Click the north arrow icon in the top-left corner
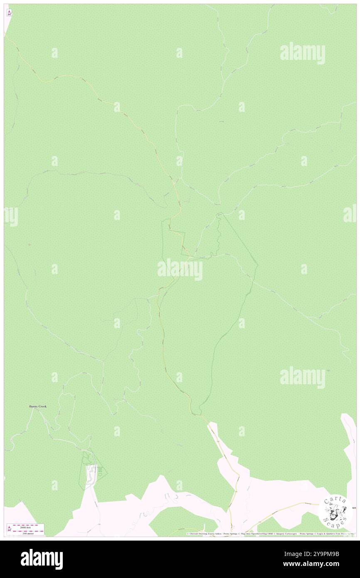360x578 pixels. pyautogui.click(x=9, y=13)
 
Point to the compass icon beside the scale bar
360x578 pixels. pyautogui.click(x=9, y=529)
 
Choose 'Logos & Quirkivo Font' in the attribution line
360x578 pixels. pyautogui.click(x=328, y=534)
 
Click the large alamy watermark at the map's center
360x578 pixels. pyautogui.click(x=180, y=269)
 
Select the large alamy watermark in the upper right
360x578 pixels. pyautogui.click(x=303, y=53)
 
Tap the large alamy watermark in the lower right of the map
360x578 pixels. pyautogui.click(x=303, y=378)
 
